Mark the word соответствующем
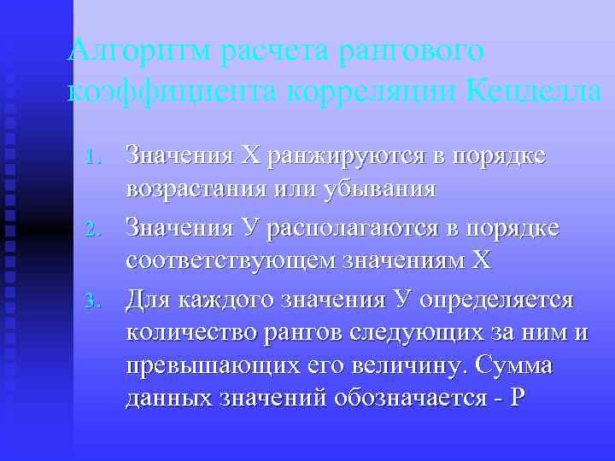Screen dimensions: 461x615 (220, 260)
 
